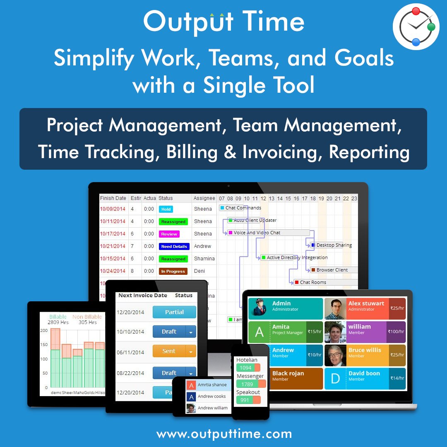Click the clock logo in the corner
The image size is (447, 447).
(x=416, y=26)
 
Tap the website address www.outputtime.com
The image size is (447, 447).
(x=224, y=434)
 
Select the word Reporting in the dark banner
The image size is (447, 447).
(x=369, y=152)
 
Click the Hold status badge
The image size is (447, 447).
(x=166, y=209)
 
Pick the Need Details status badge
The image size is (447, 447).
(x=174, y=246)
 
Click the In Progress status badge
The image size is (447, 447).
(x=173, y=271)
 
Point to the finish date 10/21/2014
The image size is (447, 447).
(x=113, y=246)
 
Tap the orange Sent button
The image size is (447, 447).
(x=169, y=351)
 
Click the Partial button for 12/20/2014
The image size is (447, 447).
(x=174, y=312)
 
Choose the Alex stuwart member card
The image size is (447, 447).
(x=365, y=308)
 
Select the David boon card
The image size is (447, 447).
(x=365, y=378)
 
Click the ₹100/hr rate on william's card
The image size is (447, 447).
(x=396, y=332)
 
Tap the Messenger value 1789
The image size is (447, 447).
(x=247, y=385)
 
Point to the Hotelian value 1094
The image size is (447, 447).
(x=246, y=368)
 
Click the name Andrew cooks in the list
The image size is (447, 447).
(x=211, y=397)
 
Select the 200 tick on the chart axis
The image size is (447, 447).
(x=44, y=331)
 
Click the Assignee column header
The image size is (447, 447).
(x=204, y=198)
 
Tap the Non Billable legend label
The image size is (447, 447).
(x=87, y=317)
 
